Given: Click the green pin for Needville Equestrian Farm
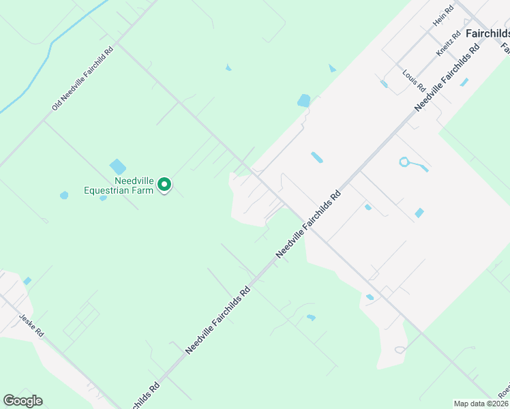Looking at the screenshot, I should [x=164, y=184].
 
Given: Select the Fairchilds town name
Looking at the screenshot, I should [x=487, y=33].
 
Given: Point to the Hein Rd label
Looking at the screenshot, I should [x=443, y=17].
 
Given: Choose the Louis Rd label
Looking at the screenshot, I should [x=414, y=80].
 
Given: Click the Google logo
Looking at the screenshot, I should [x=22, y=401].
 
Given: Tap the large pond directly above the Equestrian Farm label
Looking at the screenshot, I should [x=117, y=166].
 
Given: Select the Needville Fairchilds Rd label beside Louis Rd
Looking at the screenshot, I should [x=447, y=79].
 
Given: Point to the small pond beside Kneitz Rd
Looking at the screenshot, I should [x=464, y=82].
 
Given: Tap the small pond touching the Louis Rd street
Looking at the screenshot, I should [x=384, y=84].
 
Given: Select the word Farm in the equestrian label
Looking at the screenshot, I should [x=143, y=190].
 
